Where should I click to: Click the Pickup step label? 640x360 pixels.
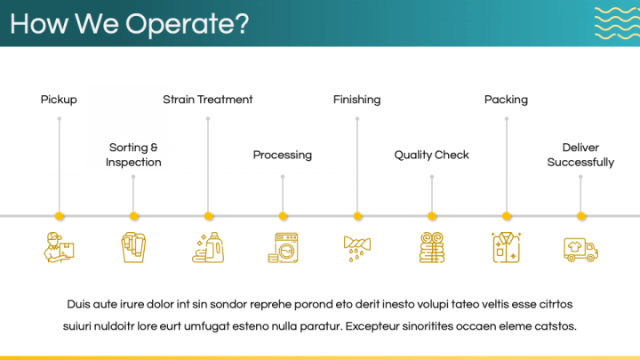point(59,100)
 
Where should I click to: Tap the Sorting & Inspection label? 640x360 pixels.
point(133,155)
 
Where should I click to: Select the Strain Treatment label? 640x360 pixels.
point(208,100)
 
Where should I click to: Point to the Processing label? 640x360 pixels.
point(283,155)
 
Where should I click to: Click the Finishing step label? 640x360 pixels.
point(356,100)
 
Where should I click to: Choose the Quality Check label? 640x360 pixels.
point(431,155)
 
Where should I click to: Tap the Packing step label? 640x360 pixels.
point(506,100)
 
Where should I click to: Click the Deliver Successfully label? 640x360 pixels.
point(580,155)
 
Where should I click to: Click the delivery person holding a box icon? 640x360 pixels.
point(60,247)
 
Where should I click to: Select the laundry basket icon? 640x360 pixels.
point(133,247)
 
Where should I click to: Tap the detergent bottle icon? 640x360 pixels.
point(208,247)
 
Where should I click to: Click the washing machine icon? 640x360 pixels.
point(283,247)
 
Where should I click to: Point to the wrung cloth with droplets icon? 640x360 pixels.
point(357,248)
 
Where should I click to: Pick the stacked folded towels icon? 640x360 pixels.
point(432,247)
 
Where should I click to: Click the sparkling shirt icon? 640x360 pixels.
point(506,247)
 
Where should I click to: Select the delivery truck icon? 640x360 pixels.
point(580,250)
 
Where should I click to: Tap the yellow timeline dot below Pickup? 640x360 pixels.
point(60,216)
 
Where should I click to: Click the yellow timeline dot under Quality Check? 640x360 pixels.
point(432,216)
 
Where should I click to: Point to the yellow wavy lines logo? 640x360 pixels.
point(617,23)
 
